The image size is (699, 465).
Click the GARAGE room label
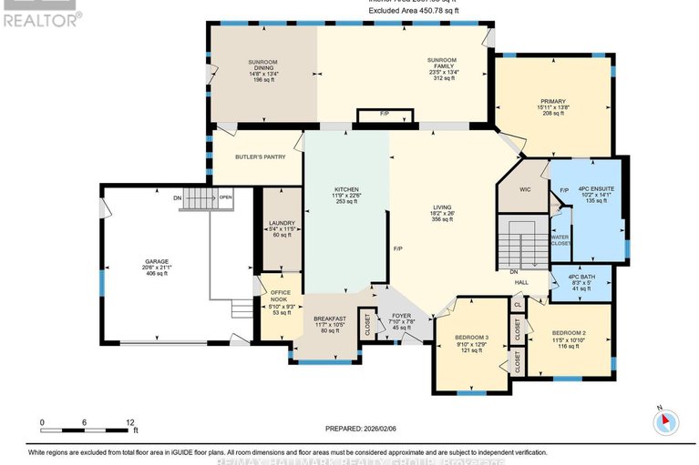156,261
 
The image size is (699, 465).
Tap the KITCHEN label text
346,189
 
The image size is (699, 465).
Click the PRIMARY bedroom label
552,101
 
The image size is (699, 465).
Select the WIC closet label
524,190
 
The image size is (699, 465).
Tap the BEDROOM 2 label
569,333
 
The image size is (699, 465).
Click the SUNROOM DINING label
263,66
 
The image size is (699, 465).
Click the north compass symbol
666,421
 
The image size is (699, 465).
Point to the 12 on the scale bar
130,422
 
